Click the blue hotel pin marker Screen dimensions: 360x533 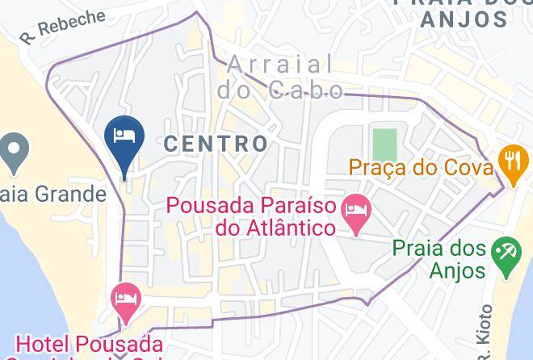click(x=125, y=136)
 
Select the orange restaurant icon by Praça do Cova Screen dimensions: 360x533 click(x=512, y=157)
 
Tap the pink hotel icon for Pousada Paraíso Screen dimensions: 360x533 click(x=356, y=211)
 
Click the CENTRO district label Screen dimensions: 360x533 click(x=216, y=144)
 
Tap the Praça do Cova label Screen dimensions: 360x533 click(x=421, y=169)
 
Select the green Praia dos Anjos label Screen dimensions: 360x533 click(x=441, y=260)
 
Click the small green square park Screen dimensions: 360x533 click(x=385, y=143)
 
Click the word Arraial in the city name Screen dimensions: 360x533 click(x=279, y=64)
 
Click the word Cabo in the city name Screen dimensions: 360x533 click(x=303, y=89)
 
